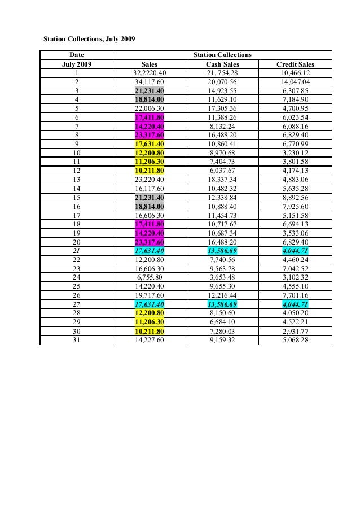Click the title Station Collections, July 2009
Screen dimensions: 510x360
click(90, 40)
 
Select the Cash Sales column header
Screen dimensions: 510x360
click(222, 64)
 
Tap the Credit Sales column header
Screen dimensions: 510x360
click(295, 64)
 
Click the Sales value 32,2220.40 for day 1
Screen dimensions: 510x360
click(150, 73)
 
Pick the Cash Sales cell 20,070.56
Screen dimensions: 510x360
click(222, 82)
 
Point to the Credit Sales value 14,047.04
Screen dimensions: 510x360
click(295, 82)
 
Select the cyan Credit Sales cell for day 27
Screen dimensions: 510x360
click(295, 304)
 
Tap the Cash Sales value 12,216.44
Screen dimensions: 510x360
click(222, 295)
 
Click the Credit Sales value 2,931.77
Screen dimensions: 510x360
click(295, 331)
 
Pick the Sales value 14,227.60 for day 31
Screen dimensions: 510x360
click(150, 340)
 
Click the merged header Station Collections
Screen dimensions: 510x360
click(222, 55)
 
